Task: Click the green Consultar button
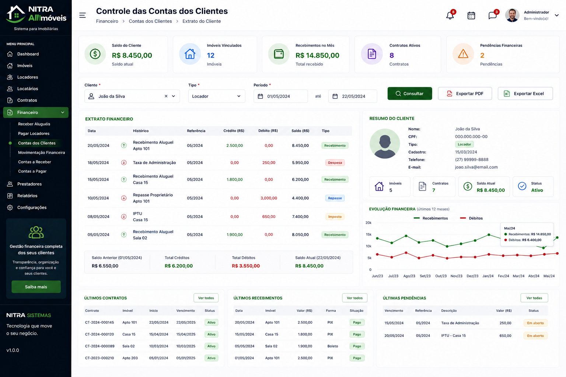coord(410,94)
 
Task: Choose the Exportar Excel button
coord(525,94)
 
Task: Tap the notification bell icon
coord(450,15)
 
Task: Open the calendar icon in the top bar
coord(471,15)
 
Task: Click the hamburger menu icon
coord(83,15)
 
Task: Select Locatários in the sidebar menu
coord(28,89)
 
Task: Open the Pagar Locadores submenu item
coord(34,133)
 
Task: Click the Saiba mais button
coord(36,286)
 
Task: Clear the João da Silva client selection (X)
coord(166,96)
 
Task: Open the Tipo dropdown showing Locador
coord(217,96)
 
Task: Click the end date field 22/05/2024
coord(353,96)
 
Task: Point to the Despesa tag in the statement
coord(335,163)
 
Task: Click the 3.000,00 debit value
coord(269,198)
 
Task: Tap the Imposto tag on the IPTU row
coord(335,216)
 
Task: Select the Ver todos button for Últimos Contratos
coord(206,298)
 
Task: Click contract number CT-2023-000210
coord(99,358)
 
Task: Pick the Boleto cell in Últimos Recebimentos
coord(332,346)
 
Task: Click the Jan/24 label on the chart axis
coord(488,276)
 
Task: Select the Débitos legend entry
coord(471,218)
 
